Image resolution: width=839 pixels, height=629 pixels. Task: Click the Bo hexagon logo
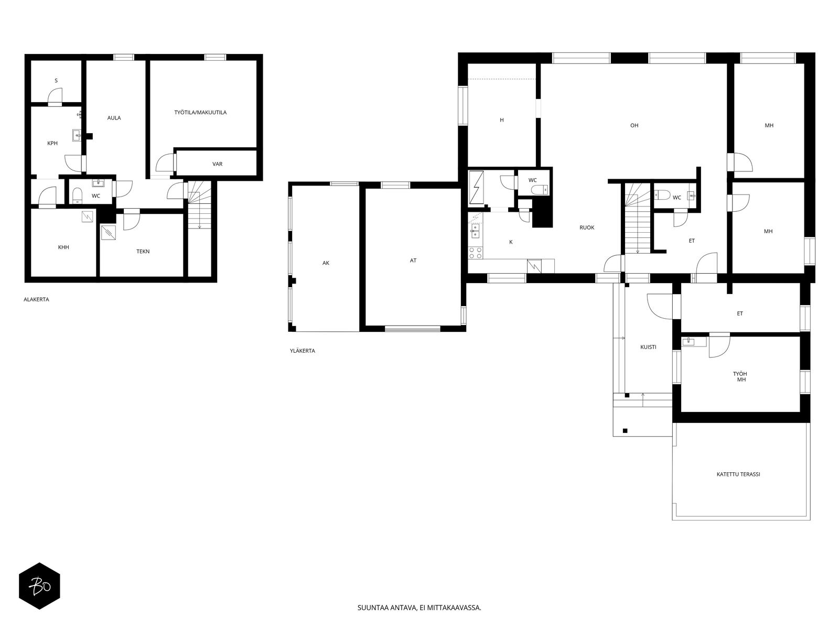39,586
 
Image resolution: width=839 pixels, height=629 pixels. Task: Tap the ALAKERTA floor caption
36,299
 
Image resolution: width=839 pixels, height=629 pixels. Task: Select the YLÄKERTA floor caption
303,351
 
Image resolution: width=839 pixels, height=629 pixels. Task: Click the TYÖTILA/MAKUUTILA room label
200,112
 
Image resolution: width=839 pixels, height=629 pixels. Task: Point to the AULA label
114,117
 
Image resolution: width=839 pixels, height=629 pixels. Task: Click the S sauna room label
56,81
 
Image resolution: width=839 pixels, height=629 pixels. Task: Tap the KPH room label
52,143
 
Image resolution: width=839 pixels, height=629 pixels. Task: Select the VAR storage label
217,164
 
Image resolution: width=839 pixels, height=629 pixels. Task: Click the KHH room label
63,247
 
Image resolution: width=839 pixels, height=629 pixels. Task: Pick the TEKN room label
143,251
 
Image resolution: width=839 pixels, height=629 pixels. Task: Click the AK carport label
326,263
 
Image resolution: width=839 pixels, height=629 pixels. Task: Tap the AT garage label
413,261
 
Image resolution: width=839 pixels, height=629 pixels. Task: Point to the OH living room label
634,125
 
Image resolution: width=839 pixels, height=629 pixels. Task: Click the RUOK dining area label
587,227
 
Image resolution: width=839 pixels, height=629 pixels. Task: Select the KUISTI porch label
648,347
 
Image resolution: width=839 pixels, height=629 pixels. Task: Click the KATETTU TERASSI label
738,474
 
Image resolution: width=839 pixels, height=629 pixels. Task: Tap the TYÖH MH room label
740,376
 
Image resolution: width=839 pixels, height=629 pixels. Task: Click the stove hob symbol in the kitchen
476,253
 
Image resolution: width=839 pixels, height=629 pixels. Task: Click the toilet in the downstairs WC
77,196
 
